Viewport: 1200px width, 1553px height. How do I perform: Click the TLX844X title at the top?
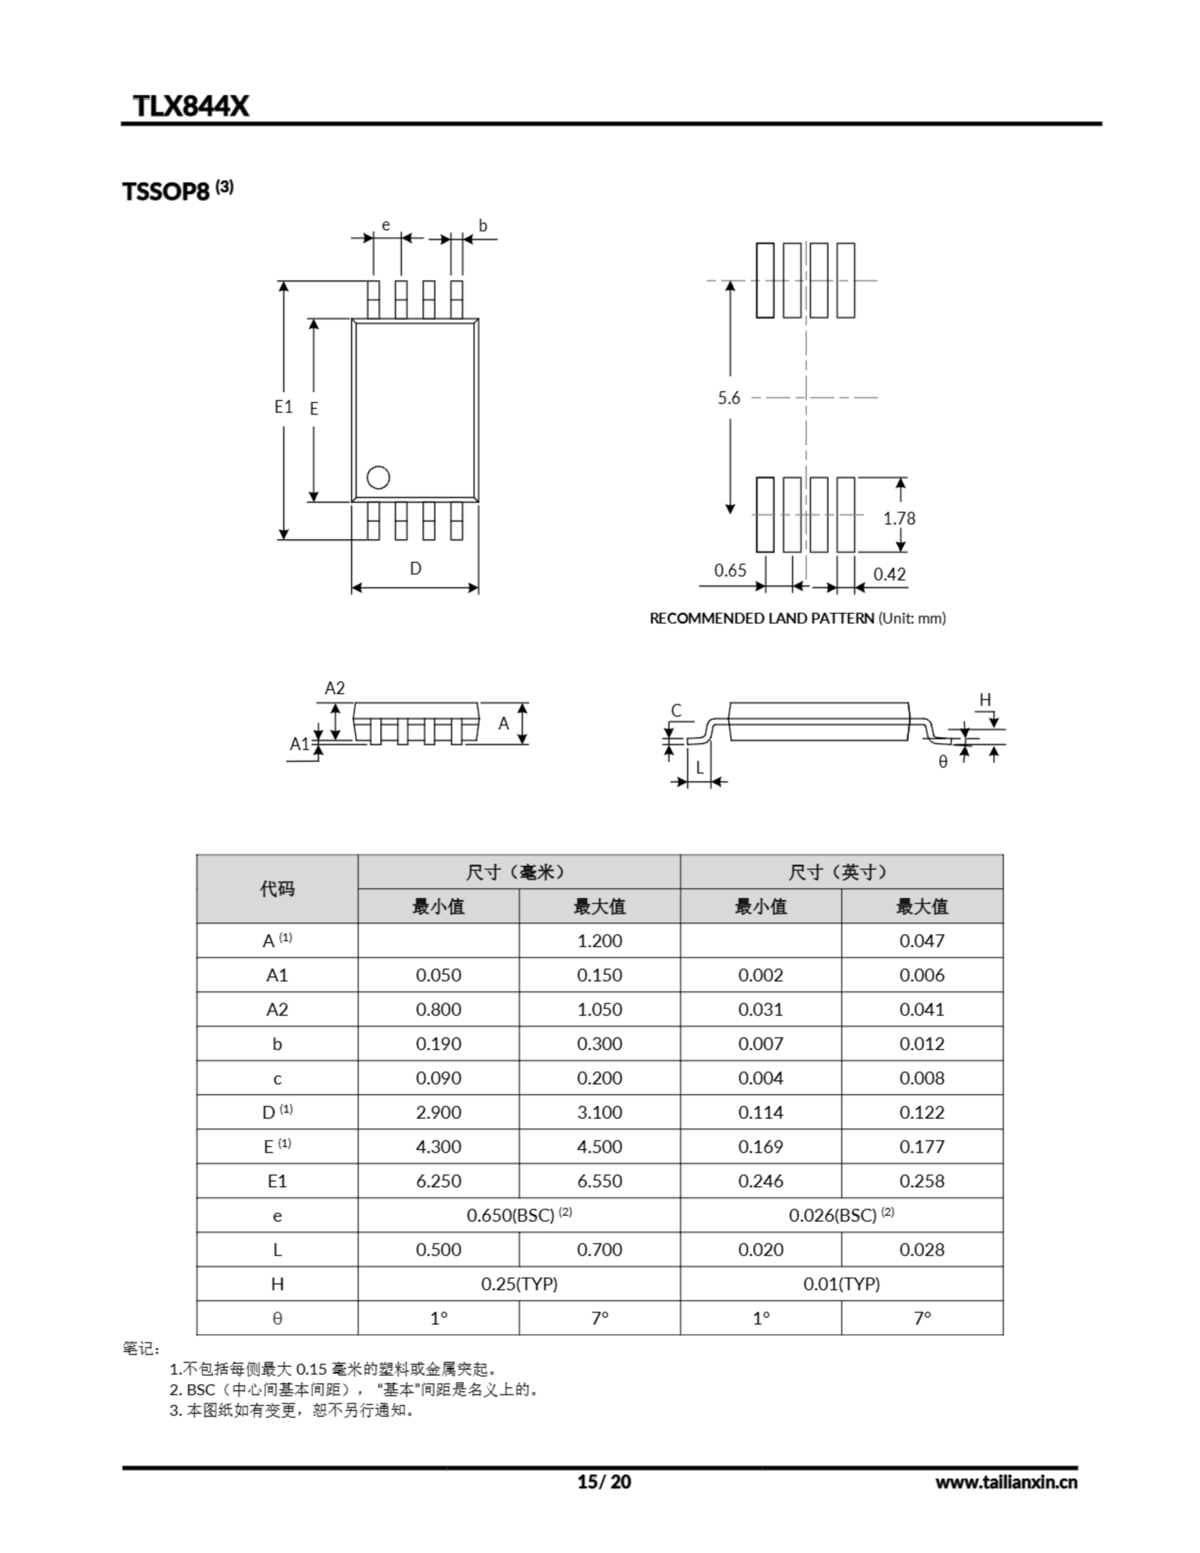(x=191, y=106)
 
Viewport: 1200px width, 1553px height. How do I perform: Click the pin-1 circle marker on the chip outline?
(x=378, y=477)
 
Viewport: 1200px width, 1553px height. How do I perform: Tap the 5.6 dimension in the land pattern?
(x=729, y=398)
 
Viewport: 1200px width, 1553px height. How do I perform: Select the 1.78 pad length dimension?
(x=899, y=519)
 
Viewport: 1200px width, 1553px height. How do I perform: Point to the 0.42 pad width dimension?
(x=889, y=574)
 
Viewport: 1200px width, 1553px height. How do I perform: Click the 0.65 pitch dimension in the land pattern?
(x=730, y=570)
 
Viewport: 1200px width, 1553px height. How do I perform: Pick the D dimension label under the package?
(x=416, y=568)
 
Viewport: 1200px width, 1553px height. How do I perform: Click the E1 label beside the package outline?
(x=283, y=406)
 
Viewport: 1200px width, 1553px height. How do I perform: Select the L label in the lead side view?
(x=699, y=768)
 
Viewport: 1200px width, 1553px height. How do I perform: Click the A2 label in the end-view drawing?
(x=334, y=687)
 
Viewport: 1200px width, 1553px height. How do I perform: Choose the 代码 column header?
(x=277, y=889)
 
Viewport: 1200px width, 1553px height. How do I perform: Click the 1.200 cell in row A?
(x=599, y=941)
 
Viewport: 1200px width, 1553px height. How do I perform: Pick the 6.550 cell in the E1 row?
(x=599, y=1181)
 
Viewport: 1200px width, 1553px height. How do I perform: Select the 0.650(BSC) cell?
(x=519, y=1215)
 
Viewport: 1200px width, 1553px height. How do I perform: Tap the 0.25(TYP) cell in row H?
(x=519, y=1284)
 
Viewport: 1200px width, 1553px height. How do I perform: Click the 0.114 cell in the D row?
(x=760, y=1112)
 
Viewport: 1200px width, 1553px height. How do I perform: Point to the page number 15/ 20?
(x=604, y=1482)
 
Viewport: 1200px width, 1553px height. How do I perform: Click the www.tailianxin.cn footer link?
(x=1006, y=1482)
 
